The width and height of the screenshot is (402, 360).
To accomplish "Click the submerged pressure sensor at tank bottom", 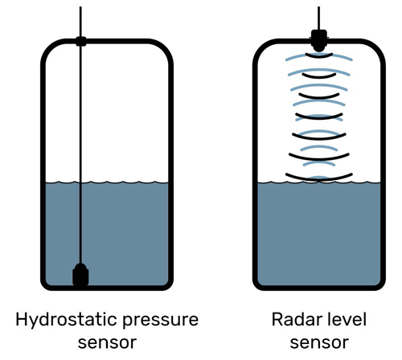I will click(80, 275).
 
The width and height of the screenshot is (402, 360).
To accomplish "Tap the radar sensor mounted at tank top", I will click(319, 39).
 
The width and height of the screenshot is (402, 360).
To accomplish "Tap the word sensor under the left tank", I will click(107, 343).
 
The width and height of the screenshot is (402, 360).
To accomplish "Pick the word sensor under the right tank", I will click(319, 343).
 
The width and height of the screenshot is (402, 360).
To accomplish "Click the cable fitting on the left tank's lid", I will click(80, 40).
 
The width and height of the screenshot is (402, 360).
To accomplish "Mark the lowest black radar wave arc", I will click(319, 170).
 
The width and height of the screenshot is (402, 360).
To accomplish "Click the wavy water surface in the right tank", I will click(273, 181).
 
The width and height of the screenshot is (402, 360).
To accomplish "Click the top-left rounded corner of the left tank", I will click(47, 48).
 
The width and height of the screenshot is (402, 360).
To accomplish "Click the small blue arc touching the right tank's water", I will click(319, 178).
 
